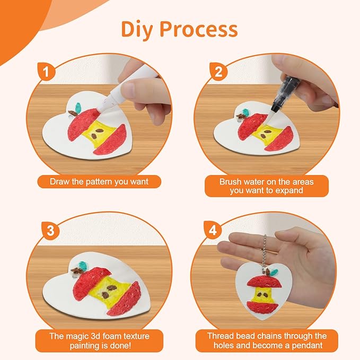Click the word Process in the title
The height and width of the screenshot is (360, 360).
click(199, 29)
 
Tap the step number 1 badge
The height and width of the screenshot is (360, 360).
click(47, 71)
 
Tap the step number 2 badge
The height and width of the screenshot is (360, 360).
click(218, 72)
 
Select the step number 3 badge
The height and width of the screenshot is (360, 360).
click(50, 231)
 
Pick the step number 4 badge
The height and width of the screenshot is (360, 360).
click(213, 230)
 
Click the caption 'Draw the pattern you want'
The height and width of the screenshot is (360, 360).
click(99, 182)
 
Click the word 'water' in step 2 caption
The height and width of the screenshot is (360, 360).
click(254, 182)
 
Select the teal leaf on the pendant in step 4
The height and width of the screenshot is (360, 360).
click(274, 272)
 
